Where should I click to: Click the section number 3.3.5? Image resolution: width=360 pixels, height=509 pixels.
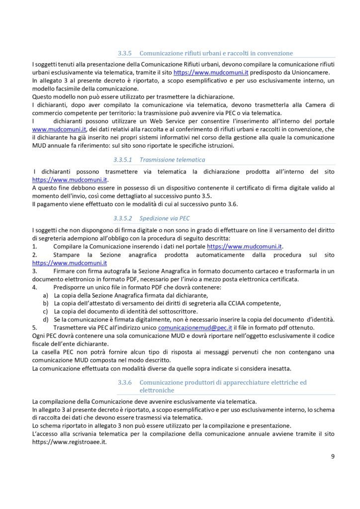(x=124, y=53)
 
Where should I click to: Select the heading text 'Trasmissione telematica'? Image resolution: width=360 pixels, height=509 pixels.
(x=173, y=160)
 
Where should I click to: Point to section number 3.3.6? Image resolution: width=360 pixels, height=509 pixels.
(x=124, y=382)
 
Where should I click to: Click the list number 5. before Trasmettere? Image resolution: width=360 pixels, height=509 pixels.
(x=34, y=329)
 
